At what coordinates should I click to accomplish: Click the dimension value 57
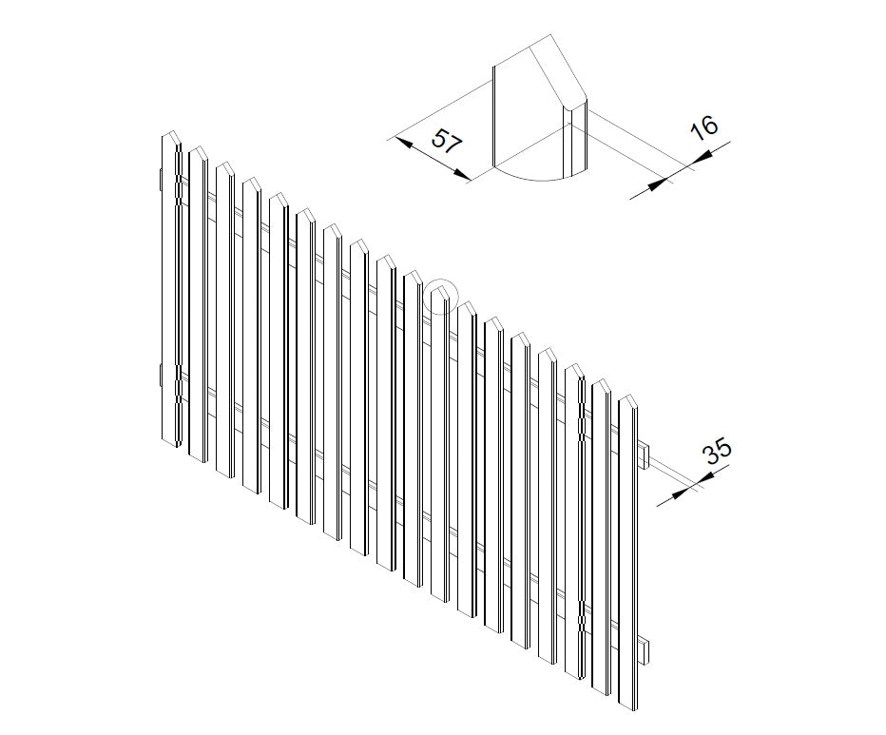(x=447, y=141)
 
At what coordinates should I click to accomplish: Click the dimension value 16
(x=704, y=127)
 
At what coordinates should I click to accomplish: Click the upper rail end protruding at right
(x=645, y=456)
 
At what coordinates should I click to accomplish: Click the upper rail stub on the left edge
(x=161, y=179)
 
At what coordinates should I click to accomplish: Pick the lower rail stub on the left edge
(x=161, y=376)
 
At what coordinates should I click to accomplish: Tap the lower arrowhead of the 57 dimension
(x=463, y=175)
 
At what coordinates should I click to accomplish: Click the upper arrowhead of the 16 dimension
(x=702, y=157)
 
